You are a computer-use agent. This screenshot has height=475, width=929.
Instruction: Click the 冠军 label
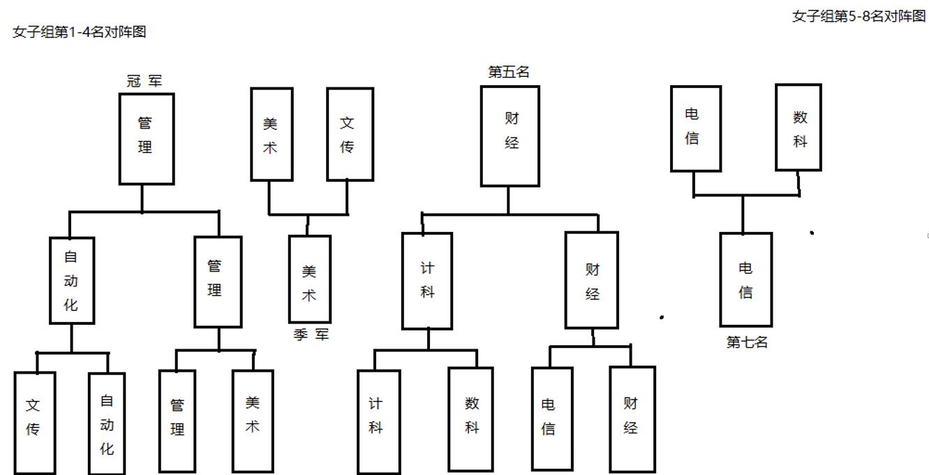144,82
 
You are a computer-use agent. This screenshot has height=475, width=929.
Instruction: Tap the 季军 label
311,335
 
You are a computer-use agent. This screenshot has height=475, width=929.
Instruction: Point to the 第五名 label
509,72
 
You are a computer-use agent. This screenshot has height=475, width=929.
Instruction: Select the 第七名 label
747,342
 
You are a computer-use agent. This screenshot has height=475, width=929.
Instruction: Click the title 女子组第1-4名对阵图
80,31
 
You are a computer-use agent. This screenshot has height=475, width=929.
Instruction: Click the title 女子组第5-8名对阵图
859,16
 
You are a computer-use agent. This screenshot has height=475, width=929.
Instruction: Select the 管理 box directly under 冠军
146,138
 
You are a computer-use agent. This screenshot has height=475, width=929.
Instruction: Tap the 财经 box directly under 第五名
510,136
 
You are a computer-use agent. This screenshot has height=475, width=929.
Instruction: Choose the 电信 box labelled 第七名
745,279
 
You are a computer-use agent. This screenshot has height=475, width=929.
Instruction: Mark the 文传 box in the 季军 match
350,134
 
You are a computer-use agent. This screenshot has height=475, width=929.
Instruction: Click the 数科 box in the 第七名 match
798,127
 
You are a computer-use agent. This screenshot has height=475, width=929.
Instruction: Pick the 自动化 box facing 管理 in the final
72,280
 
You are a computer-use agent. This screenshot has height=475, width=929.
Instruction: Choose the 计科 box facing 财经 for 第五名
427,281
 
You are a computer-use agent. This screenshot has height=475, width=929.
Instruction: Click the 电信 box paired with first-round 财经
551,418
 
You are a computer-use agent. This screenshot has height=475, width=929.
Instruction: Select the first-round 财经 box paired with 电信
632,418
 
